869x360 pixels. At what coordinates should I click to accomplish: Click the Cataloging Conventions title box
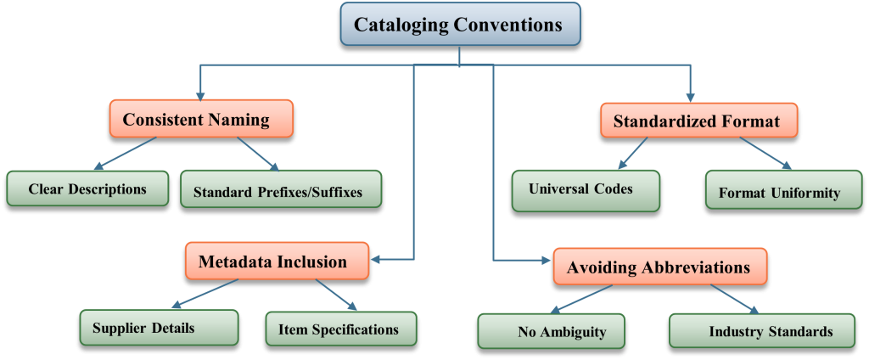tap(460, 25)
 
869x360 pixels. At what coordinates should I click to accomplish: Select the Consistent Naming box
tap(200, 120)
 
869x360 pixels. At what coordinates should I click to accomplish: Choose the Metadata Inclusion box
tap(277, 262)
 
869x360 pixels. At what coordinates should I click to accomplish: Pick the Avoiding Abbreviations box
tap(659, 267)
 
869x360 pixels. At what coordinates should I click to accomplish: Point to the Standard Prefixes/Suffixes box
tap(280, 190)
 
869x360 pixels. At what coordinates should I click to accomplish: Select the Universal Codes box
tap(585, 189)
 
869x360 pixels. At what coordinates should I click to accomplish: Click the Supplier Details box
tap(159, 328)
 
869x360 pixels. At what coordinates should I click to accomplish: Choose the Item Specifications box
tap(341, 329)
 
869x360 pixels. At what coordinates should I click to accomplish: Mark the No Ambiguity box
tap(551, 331)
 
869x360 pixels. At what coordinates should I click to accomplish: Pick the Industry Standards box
tap(761, 331)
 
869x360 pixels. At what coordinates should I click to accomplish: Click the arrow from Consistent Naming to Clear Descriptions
tap(124, 154)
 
